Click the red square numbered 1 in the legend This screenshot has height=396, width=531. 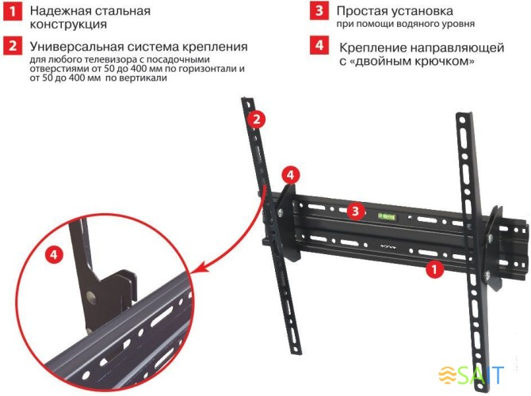[x=11, y=12]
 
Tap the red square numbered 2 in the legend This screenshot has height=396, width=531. [x=11, y=46]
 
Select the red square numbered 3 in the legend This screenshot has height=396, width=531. [x=318, y=12]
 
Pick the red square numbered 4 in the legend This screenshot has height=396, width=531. [x=318, y=46]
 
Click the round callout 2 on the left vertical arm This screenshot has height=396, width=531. [x=255, y=120]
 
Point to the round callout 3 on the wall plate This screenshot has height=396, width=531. [x=357, y=211]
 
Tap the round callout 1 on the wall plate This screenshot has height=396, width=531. [x=433, y=268]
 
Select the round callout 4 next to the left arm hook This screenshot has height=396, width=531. [x=290, y=173]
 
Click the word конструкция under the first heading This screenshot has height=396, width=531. [x=70, y=25]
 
